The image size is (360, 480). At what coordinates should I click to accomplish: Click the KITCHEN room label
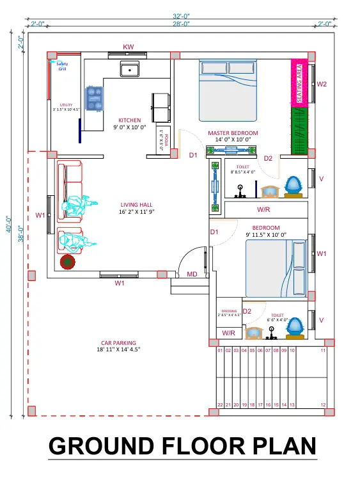[x=130, y=120]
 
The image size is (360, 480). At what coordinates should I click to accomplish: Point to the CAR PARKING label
[x=118, y=343]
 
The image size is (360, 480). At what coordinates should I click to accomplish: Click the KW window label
[x=129, y=47]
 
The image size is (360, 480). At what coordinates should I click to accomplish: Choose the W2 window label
[x=322, y=84]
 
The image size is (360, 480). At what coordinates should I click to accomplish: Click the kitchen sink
[x=130, y=69]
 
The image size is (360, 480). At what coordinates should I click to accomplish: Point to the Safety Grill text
[x=62, y=67]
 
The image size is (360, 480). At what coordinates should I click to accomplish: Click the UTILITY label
[x=66, y=105]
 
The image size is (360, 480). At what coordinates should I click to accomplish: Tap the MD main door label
[x=192, y=275]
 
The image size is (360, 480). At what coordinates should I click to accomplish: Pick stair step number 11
[x=324, y=351]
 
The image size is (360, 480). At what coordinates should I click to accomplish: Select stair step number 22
[x=219, y=405]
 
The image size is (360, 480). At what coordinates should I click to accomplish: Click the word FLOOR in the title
[x=200, y=445]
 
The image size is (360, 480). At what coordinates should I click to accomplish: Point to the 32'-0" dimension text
[x=181, y=15]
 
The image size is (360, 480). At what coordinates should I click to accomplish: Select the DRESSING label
[x=229, y=312]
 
